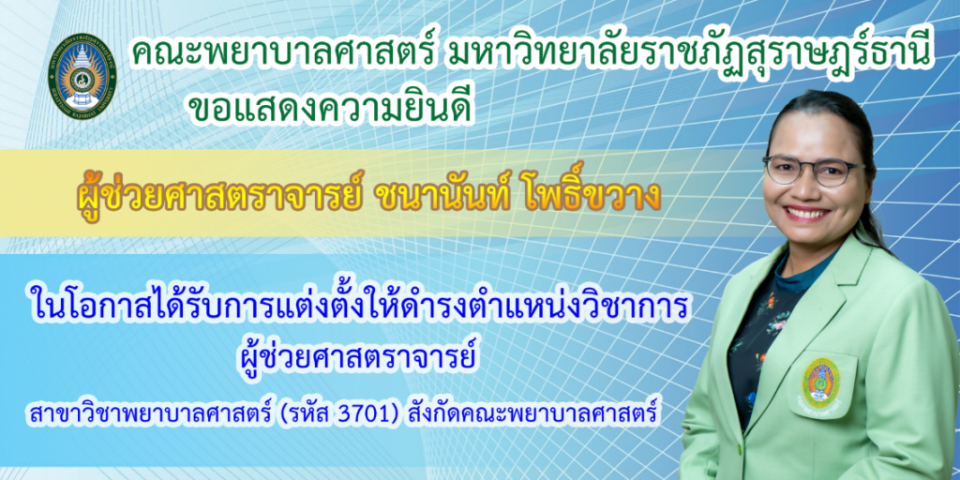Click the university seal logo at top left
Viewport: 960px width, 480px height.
pyautogui.click(x=82, y=73)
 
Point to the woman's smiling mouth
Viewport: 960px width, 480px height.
pyautogui.click(x=808, y=214)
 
